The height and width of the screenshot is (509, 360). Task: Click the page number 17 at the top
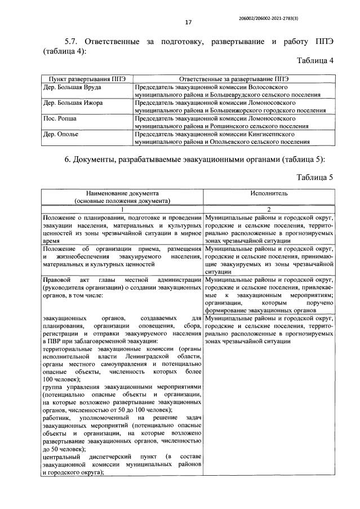(x=188, y=23)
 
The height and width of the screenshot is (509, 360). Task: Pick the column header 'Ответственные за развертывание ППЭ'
(x=233, y=80)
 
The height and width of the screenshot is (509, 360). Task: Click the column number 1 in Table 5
(x=122, y=209)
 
